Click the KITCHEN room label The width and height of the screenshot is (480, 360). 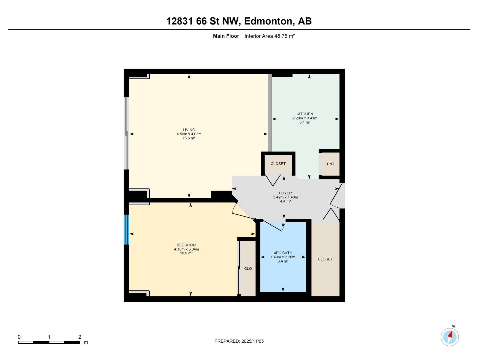pos(305,114)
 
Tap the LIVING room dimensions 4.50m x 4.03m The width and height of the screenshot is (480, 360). pos(189,134)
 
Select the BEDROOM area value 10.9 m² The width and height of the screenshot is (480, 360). pos(186,253)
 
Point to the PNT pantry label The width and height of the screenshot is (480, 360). pos(330,164)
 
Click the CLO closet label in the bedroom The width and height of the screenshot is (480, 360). pos(248,268)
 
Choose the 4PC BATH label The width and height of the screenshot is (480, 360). pos(283,253)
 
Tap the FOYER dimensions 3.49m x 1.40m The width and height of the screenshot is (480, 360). pos(285,197)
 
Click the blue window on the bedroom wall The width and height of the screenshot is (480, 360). pos(127,229)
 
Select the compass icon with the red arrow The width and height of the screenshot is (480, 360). pos(450,337)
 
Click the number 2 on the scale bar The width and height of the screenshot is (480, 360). pos(80,337)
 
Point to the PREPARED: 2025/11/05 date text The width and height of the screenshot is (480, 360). pos(239,341)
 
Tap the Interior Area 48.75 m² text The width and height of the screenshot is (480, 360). pos(269,36)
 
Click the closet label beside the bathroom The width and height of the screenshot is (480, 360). pos(325,259)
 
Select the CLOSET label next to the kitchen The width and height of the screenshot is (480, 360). pos(278,164)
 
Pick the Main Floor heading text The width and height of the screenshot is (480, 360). pos(226,36)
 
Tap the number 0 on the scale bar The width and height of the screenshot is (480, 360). pos(19,337)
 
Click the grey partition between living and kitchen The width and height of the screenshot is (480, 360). pos(270,112)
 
